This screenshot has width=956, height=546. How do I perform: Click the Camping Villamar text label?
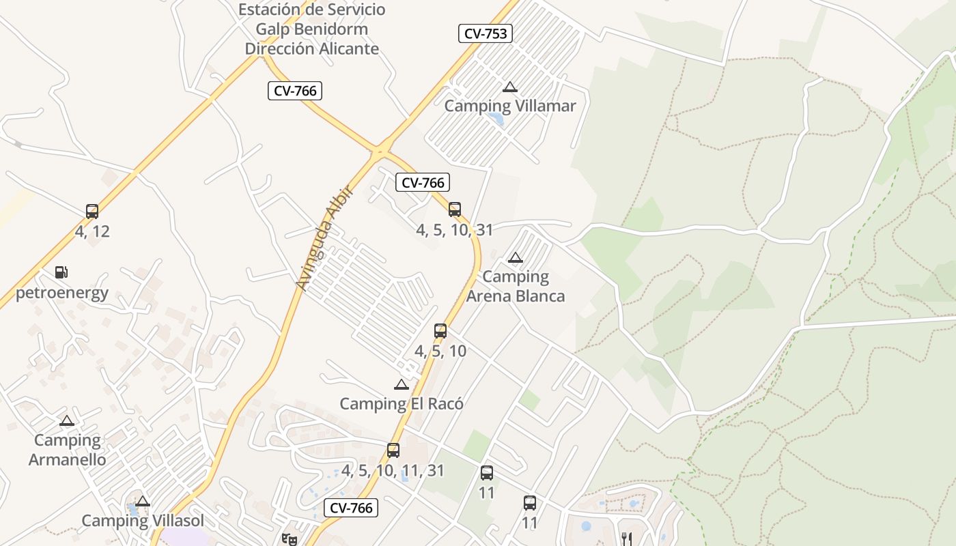coord(510,106)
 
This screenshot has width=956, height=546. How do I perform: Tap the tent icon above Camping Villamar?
coord(509,87)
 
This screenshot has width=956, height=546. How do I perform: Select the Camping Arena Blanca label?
coord(516,286)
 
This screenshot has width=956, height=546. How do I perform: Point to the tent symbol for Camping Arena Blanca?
coord(516,257)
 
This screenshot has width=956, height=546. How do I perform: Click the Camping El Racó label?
coord(402,403)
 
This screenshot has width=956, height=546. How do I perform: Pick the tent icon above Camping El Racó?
coord(402,384)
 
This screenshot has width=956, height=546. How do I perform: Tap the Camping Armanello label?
coord(67,450)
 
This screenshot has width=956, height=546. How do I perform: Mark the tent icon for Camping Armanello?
coord(66,420)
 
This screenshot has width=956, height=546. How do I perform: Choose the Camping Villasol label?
coord(143,521)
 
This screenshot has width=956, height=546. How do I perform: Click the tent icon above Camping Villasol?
coord(142,502)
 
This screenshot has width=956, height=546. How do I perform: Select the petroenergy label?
coord(62,293)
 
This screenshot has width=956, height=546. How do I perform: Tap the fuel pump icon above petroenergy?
coord(61,272)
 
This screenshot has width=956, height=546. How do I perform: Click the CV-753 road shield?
coord(485,33)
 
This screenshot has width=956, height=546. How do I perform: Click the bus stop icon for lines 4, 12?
coord(92,212)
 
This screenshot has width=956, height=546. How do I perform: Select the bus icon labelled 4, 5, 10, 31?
coord(455,210)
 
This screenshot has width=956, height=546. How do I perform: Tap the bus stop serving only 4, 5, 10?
coord(440,331)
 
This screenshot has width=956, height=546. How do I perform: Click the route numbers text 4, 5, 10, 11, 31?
coord(393,470)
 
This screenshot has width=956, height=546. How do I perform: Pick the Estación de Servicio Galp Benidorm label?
coord(312,29)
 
